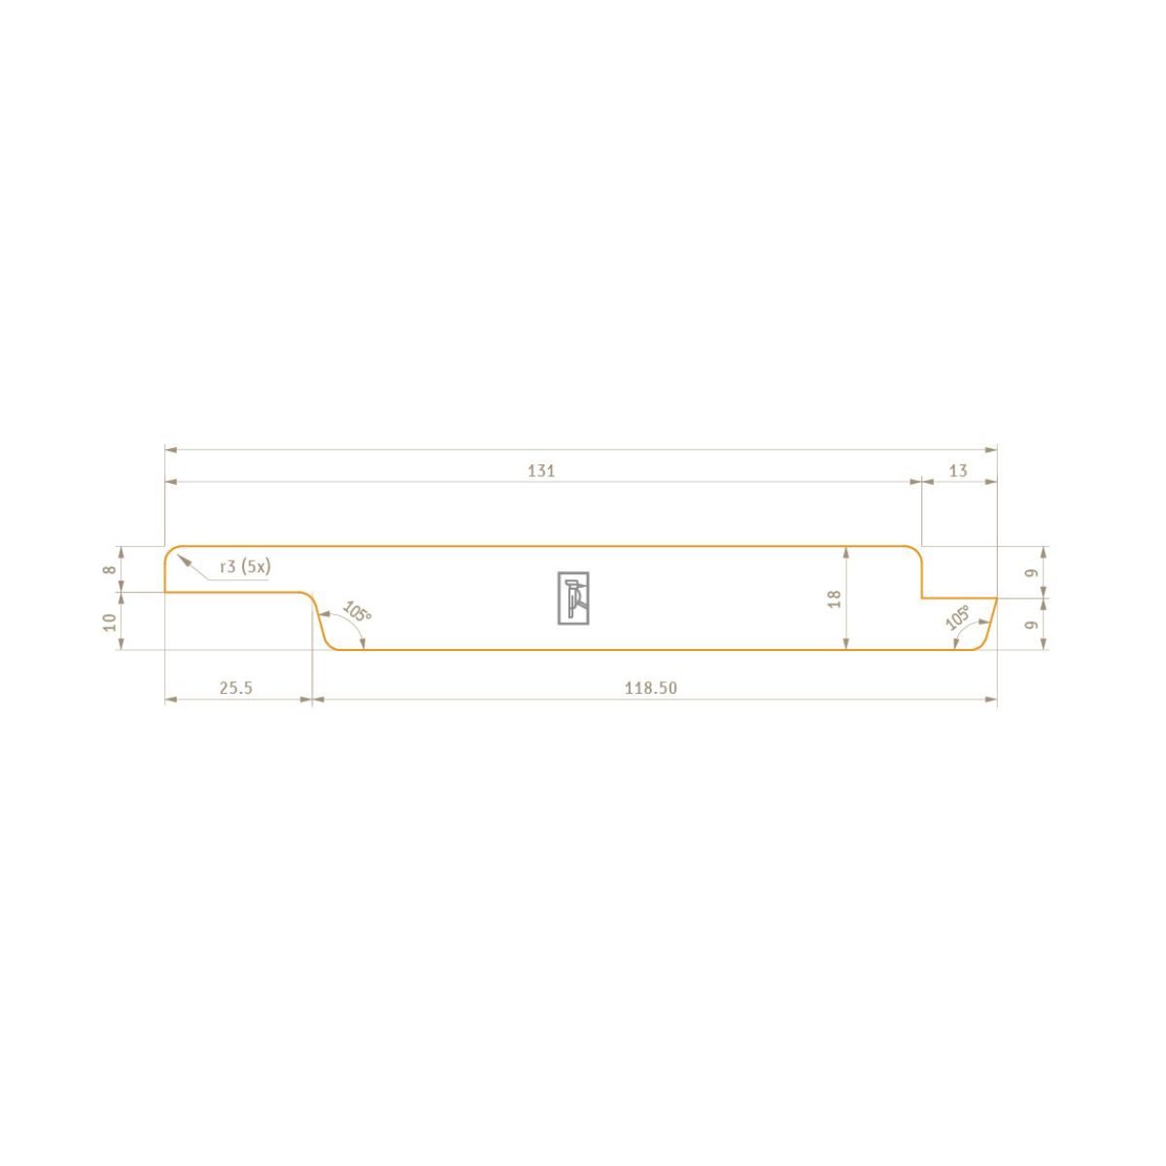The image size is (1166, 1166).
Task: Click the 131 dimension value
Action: point(541,470)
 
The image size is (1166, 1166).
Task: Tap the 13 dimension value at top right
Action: point(958,470)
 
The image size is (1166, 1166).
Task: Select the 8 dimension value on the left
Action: point(111,569)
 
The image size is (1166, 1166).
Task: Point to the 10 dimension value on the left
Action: point(111,622)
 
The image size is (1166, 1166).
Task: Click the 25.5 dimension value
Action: point(236,688)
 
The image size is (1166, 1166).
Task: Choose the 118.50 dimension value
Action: point(651,688)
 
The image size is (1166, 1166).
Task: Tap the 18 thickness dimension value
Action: point(835,600)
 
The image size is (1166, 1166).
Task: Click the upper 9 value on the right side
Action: point(1032,572)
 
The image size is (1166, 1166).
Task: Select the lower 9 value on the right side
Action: point(1032,625)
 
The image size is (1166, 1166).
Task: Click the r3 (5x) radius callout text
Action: point(246,566)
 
